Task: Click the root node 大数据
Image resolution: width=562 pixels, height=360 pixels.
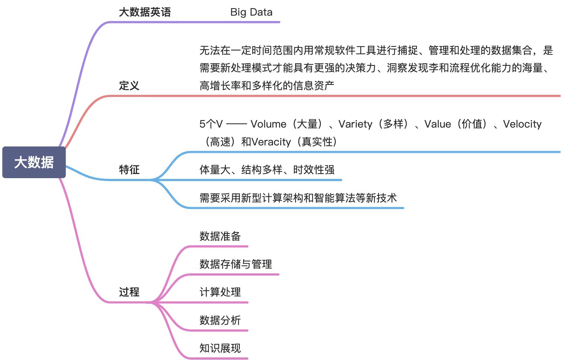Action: [x=34, y=162]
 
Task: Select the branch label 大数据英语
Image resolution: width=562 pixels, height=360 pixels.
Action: [x=145, y=12]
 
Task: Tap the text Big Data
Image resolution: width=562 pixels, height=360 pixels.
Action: [x=251, y=12]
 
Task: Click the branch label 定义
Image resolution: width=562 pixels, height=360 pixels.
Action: [x=129, y=86]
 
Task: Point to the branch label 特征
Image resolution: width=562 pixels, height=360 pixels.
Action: [x=129, y=170]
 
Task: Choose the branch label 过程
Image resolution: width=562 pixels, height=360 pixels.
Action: [x=129, y=292]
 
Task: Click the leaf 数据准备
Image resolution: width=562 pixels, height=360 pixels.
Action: [x=220, y=236]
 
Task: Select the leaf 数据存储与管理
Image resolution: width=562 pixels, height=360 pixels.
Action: [x=236, y=264]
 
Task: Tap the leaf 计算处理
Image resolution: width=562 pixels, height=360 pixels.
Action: [x=220, y=292]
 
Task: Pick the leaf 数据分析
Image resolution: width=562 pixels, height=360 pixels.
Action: [x=220, y=320]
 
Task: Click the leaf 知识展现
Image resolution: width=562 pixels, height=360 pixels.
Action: [x=220, y=348]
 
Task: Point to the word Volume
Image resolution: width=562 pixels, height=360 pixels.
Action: [x=268, y=124]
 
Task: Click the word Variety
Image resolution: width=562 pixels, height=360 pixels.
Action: [x=355, y=124]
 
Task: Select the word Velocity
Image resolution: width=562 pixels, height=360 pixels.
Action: [x=522, y=124]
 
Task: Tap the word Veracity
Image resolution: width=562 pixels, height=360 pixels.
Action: [x=271, y=142]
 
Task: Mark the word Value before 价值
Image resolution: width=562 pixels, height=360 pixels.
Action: [x=438, y=124]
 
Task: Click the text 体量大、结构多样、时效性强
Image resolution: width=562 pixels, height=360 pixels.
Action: [x=267, y=170]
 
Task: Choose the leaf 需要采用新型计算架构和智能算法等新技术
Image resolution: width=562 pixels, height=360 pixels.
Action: [x=298, y=197]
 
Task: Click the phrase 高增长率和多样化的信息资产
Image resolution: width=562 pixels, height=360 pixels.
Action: [x=267, y=86]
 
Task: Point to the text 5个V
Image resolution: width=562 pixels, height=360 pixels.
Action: [x=211, y=124]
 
